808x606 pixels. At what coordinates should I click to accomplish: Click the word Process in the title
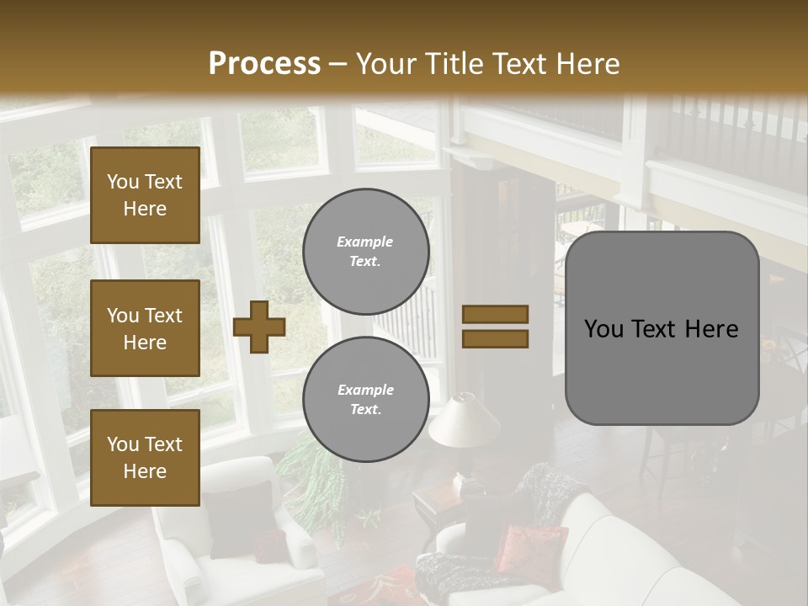264,63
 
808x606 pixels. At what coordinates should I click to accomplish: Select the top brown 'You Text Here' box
145,195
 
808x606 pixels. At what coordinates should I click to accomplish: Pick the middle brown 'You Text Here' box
145,328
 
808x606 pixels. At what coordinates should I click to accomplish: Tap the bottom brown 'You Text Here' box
145,458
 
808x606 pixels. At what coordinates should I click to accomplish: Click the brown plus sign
258,326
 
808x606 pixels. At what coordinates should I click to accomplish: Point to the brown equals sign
495,327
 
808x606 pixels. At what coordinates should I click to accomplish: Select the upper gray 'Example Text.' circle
365,251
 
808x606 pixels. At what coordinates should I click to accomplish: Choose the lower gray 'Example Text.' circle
365,399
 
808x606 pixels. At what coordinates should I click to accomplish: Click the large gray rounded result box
662,328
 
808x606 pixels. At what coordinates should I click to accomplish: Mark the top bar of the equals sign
495,314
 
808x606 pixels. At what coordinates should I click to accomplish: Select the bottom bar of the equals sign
495,338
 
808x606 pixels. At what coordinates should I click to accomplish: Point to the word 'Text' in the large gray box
662,328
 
